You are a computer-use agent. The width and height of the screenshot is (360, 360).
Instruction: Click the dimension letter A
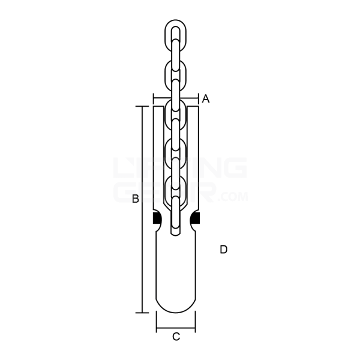[205, 99]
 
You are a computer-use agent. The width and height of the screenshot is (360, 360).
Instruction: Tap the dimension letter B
[136, 199]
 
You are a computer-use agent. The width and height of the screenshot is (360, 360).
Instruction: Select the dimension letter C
[176, 337]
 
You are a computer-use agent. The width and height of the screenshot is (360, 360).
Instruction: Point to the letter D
[223, 249]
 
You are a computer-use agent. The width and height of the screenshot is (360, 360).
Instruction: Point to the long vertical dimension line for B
[142, 209]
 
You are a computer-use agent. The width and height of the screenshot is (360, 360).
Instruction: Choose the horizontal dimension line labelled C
[176, 329]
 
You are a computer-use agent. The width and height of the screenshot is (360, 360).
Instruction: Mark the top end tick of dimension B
[142, 107]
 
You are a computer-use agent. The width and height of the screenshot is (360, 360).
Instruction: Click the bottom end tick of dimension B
[142, 313]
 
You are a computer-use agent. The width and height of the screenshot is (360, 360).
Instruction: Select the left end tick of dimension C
[156, 329]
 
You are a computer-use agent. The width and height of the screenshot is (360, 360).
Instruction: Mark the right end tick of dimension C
[196, 329]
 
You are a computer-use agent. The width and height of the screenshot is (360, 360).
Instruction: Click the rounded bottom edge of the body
[176, 312]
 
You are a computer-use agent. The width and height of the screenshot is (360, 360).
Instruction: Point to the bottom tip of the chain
[176, 233]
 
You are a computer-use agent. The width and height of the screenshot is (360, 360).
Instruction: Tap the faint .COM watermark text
[234, 196]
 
